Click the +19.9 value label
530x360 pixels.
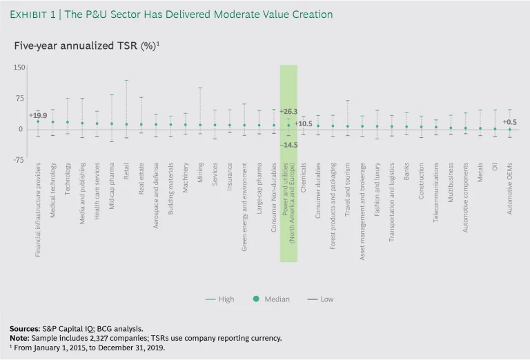click(38, 115)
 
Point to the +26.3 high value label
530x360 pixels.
click(288, 112)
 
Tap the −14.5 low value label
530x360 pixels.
click(288, 145)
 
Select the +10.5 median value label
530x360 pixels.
click(304, 124)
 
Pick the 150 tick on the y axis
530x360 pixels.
click(19, 68)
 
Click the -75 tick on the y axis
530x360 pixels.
click(19, 160)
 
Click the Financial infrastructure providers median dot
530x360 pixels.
click(38, 121)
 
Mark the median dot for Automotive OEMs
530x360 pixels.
click(509, 129)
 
